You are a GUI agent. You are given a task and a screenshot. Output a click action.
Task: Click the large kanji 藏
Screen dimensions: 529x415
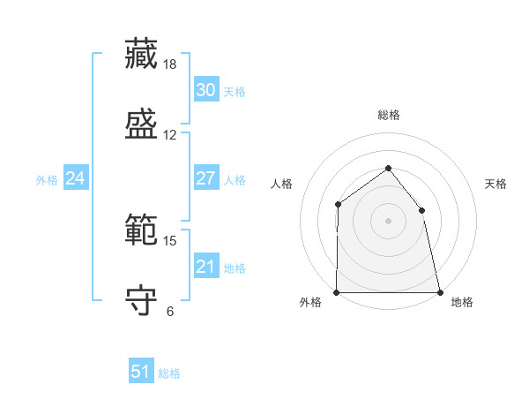[x=141, y=54]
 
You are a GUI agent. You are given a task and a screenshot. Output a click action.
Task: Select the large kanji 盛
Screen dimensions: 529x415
[x=141, y=124]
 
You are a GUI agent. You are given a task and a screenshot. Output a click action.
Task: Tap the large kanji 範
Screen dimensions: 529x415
[x=141, y=230]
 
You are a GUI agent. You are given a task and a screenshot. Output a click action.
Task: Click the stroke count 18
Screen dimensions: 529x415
[x=169, y=64]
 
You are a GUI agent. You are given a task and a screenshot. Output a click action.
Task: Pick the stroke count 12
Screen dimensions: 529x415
[x=169, y=135]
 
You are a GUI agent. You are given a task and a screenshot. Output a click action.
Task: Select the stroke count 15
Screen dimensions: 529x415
[x=169, y=241]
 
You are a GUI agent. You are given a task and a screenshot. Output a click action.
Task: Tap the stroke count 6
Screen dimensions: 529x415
[x=170, y=311]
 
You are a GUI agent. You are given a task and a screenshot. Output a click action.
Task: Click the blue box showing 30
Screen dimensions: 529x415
[x=206, y=89]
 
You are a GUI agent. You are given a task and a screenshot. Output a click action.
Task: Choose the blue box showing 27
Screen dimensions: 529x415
[x=206, y=177]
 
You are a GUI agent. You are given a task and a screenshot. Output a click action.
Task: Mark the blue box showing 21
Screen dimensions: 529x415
[x=206, y=265]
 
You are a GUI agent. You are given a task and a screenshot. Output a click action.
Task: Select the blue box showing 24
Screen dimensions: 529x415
[x=76, y=177]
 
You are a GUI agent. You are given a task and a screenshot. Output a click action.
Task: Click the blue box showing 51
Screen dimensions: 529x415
[x=141, y=370]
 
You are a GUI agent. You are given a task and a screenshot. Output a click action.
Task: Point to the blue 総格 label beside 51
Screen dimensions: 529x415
[x=169, y=373]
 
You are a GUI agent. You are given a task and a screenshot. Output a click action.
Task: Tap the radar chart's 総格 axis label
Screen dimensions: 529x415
[x=389, y=115]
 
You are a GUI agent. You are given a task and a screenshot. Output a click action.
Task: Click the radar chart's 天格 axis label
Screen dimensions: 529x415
[x=495, y=184]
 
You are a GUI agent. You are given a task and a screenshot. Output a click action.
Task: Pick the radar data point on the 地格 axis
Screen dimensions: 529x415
[x=440, y=292]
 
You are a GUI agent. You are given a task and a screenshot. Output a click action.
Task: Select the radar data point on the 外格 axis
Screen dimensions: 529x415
[x=337, y=292]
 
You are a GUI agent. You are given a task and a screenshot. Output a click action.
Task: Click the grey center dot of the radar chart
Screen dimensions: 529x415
[x=388, y=221]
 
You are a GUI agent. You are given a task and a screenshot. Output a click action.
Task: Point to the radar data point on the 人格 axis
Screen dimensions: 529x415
[x=338, y=204]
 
